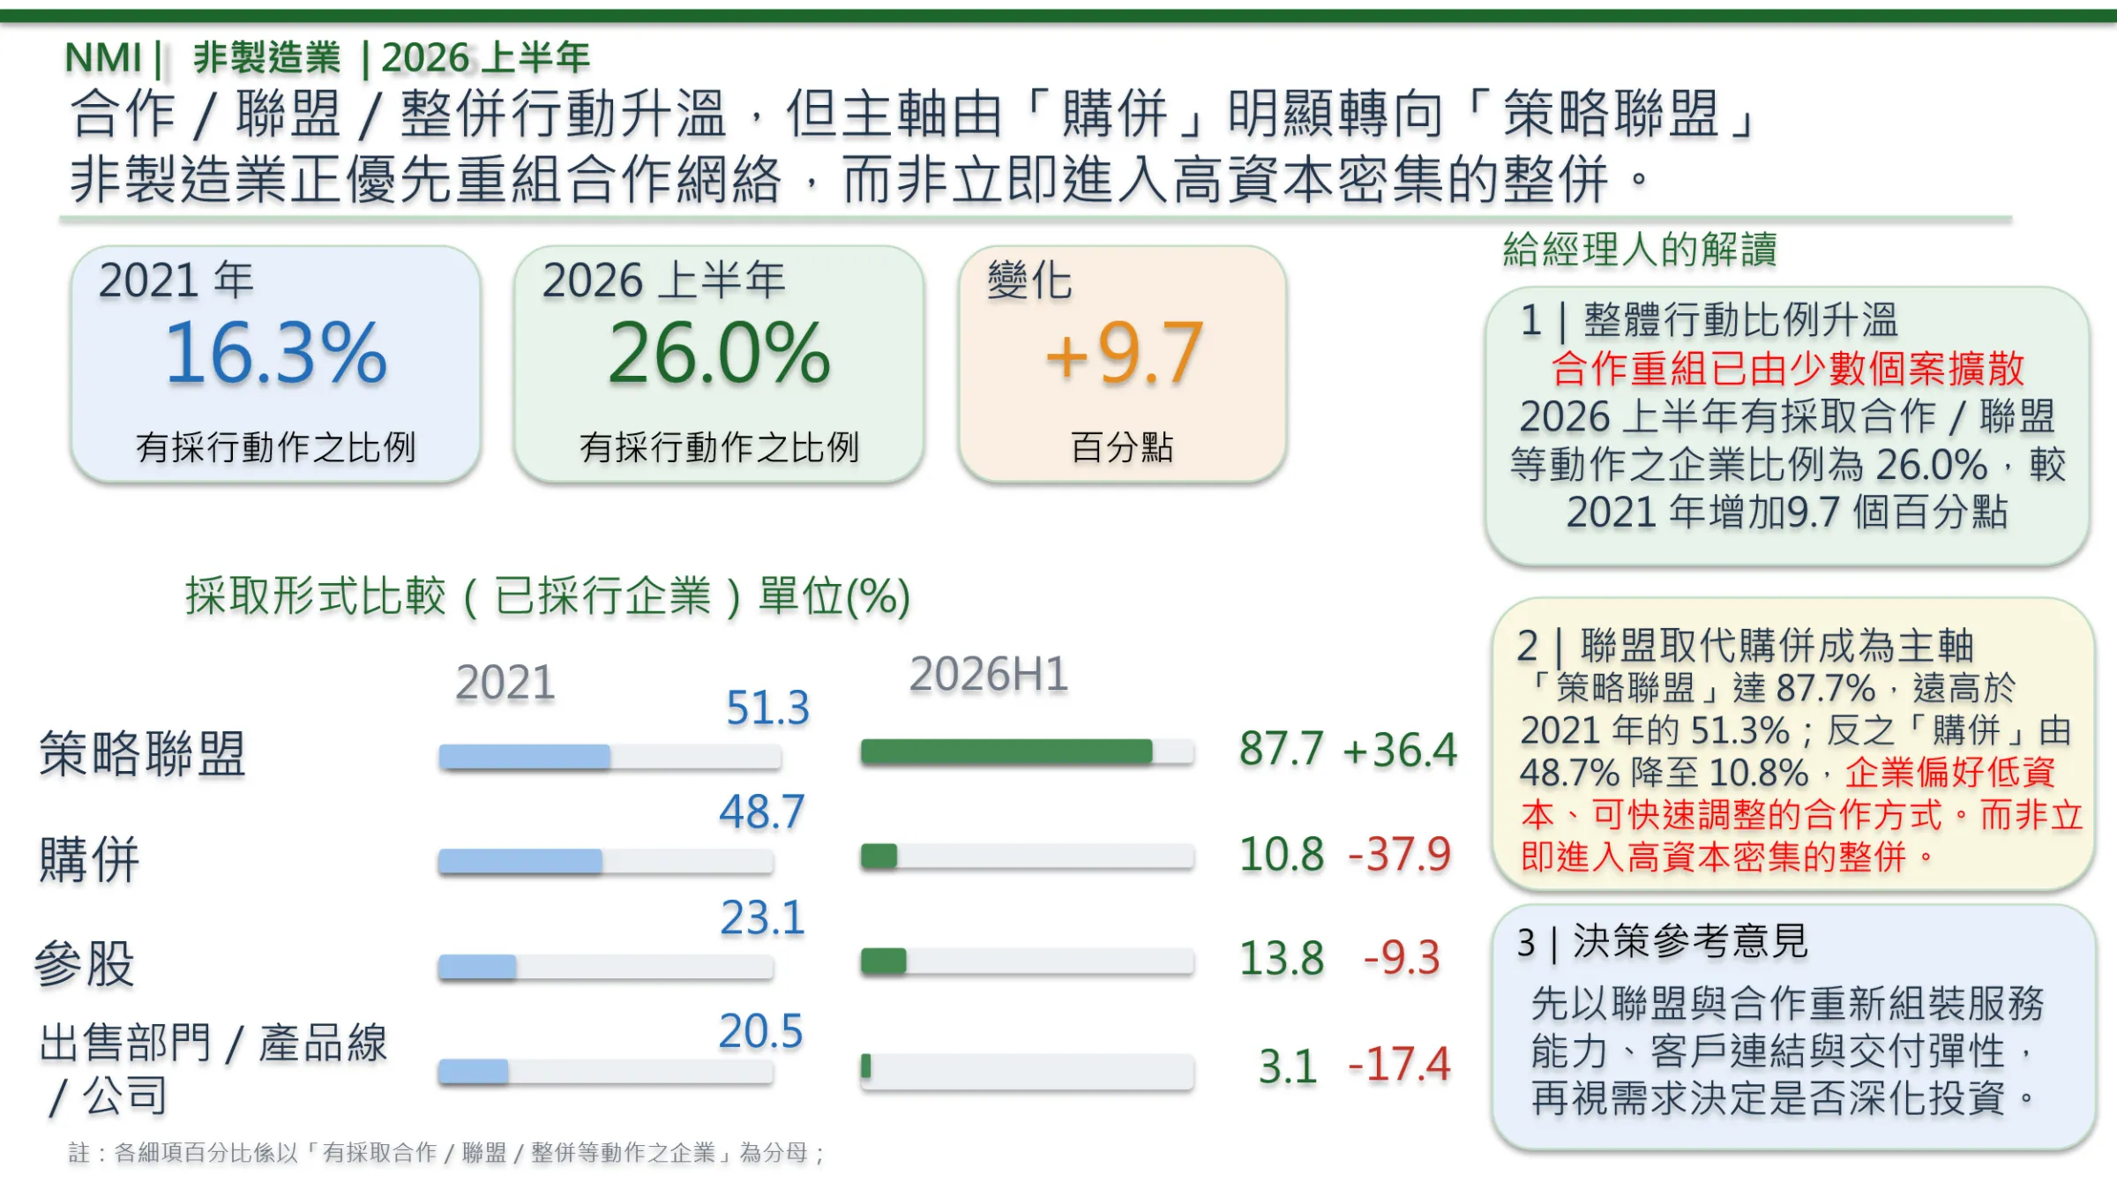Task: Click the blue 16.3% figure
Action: tap(276, 353)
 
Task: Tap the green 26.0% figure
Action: tap(720, 353)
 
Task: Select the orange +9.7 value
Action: tap(1124, 353)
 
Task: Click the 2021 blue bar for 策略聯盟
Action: tap(525, 757)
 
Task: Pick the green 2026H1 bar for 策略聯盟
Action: tap(1006, 752)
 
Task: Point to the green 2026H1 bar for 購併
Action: tap(879, 856)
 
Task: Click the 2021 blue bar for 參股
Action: tap(477, 967)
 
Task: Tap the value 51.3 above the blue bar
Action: tap(767, 707)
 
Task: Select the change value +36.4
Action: tap(1400, 750)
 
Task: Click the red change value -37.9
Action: tap(1400, 854)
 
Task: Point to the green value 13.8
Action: tap(1282, 958)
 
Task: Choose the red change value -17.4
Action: tap(1400, 1064)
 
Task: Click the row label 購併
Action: tap(89, 859)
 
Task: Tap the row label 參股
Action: tap(85, 963)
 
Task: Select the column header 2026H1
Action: tap(989, 674)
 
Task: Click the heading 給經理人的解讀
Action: tap(1640, 249)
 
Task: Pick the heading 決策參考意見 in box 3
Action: tap(1691, 941)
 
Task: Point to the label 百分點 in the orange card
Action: tap(1122, 447)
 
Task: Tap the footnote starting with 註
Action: tap(446, 1152)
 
